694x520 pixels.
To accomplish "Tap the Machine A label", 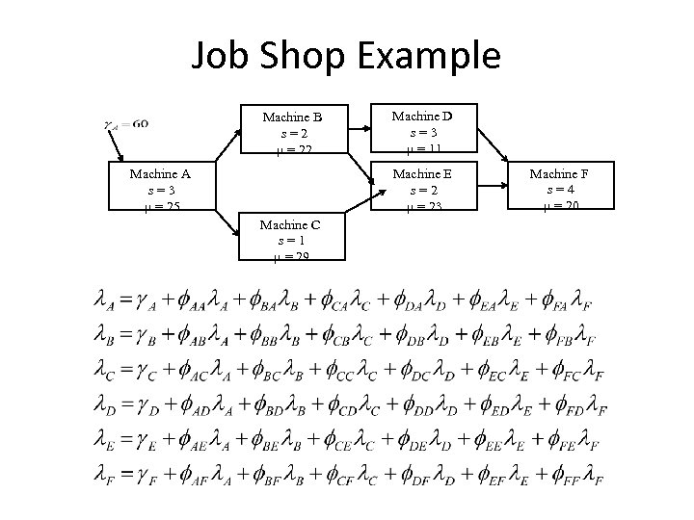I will [160, 174].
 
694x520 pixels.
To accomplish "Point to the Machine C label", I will [291, 224].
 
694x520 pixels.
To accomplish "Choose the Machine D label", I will [422, 116].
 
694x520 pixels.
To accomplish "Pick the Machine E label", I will [422, 173].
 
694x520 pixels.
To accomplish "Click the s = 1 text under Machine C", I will [291, 240].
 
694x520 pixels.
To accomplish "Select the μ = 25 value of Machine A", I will [160, 206].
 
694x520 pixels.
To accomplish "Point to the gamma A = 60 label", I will [125, 124].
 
